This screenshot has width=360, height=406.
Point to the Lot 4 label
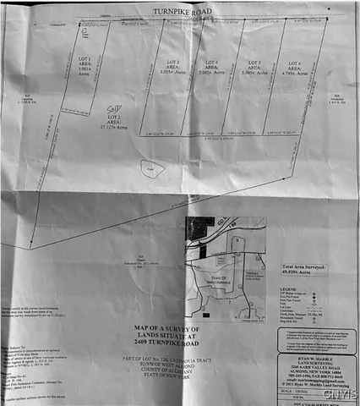210,64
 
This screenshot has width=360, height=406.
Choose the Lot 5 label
251,64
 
